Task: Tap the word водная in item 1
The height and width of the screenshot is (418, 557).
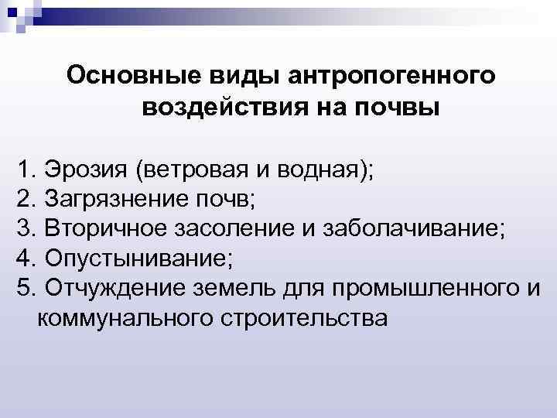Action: pos(319,169)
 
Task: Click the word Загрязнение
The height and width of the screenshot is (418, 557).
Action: pos(111,198)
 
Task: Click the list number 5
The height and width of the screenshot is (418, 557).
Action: pos(24,288)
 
